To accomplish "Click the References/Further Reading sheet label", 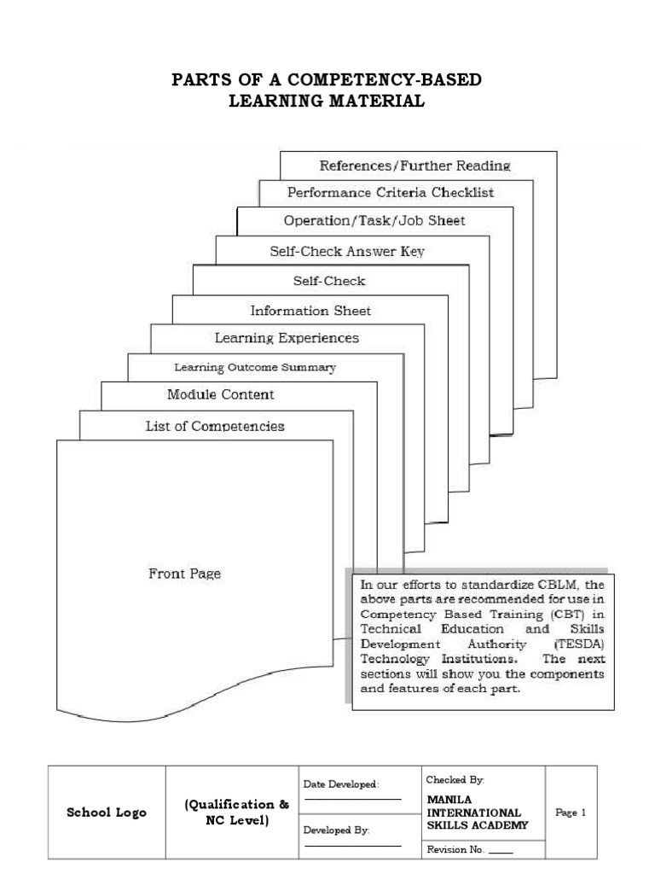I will point(414,165).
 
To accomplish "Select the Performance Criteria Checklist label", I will point(391,193).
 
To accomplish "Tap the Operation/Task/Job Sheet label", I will point(374,221).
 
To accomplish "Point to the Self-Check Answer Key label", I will point(346,251).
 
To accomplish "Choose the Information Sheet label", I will point(310,310).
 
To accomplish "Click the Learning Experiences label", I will point(287,338).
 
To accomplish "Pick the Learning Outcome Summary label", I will point(255,368).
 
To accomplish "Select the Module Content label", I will point(221,394).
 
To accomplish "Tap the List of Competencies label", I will point(215,425).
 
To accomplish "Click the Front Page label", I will point(185,574).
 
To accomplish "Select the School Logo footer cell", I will point(107,813).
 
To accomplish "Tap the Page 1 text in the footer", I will point(571,813).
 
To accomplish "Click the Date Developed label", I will point(341,784).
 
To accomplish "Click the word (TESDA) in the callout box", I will point(579,645).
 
